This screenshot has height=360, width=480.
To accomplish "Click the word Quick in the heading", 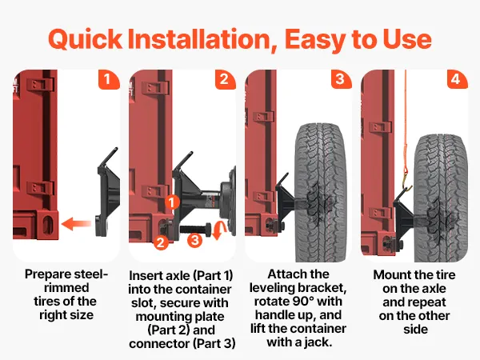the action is click(86, 39).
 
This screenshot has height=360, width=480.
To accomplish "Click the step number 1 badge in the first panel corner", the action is click(109, 79).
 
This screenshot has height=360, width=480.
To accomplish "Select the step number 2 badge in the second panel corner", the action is click(226, 79).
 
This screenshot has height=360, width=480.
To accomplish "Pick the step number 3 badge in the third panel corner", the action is click(342, 79).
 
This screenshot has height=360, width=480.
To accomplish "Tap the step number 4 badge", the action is click(457, 79).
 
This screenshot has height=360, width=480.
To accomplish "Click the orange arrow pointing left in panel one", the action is click(76, 224).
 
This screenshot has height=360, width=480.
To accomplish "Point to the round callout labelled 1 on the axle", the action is click(172, 202).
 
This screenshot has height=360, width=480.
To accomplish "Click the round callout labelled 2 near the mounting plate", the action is click(161, 242).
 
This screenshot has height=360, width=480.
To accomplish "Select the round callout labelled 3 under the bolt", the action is click(194, 240).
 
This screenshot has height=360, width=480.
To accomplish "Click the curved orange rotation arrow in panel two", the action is click(220, 230).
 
